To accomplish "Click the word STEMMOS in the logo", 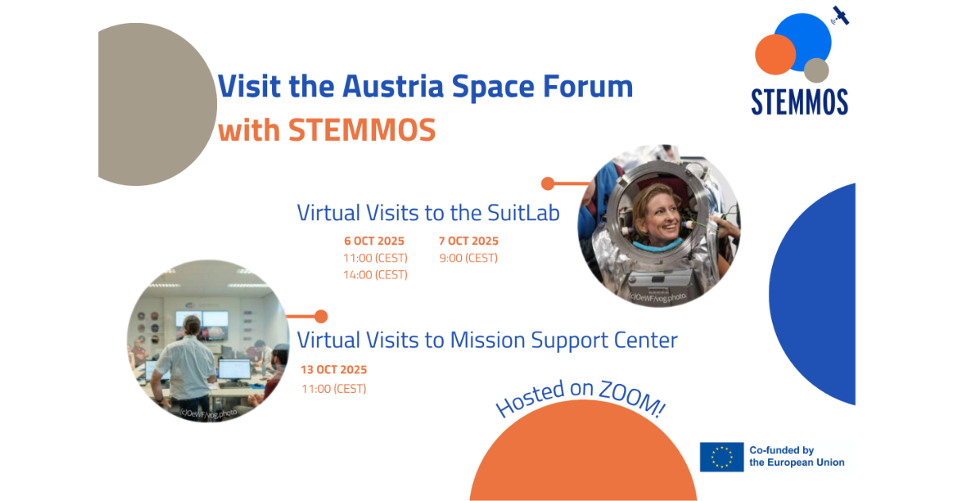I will pos(799,102).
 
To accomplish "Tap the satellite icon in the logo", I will pos(840,15).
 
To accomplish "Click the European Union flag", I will pos(722,457).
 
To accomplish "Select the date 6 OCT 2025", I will pos(374,241).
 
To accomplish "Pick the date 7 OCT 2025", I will pos(468,241).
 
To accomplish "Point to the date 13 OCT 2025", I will pos(334,370).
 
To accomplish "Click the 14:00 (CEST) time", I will pos(375,275).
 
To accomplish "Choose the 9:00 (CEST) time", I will pos(468,258).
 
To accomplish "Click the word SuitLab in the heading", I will pos(525,213).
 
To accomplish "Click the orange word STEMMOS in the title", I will pos(362,130).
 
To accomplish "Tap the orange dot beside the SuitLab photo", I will pos(548,184).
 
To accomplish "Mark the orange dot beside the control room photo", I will pos(320,317).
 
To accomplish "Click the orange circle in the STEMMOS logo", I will pos(775,55).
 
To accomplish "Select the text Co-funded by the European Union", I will pos(797,457).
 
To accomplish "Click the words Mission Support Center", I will pos(564,340).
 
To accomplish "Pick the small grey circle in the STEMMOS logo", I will pos(816,71).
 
